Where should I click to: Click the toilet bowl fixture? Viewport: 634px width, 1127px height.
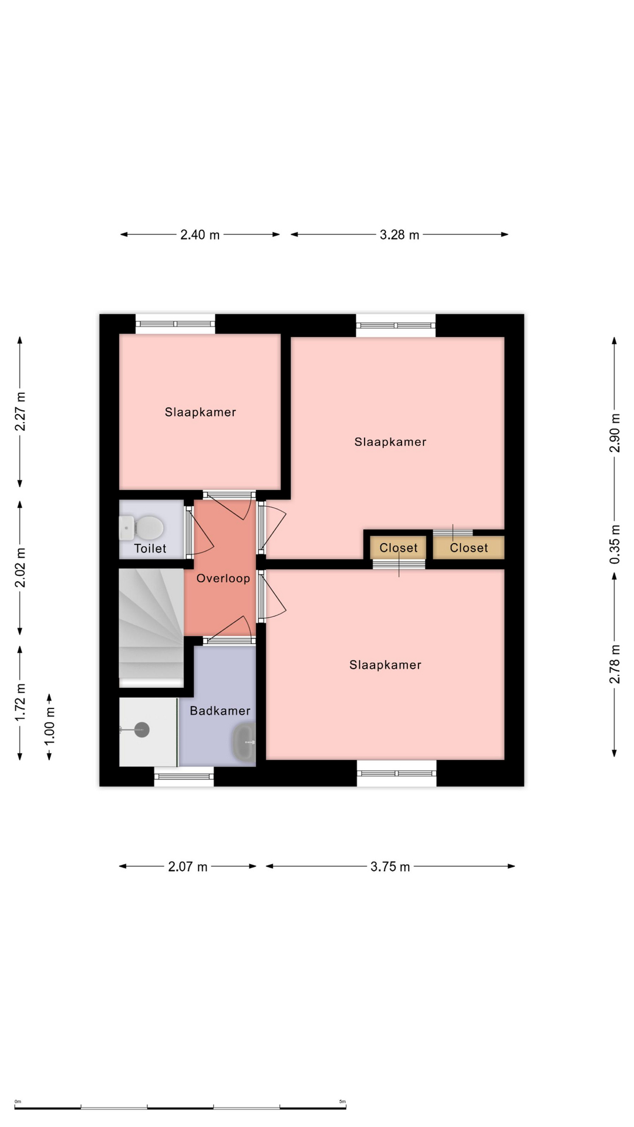[x=141, y=528]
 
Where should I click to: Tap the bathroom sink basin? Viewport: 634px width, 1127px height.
[x=244, y=742]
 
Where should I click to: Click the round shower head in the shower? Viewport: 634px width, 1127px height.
[x=141, y=730]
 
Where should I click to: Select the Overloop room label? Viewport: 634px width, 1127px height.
[x=223, y=578]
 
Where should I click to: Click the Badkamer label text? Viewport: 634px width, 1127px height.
[x=220, y=711]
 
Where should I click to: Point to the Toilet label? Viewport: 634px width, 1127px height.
[x=150, y=548]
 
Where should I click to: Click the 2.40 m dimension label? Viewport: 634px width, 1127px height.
[x=200, y=235]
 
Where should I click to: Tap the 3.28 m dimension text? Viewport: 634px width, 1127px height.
[x=399, y=235]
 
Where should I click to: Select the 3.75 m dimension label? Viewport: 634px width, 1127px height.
[x=390, y=866]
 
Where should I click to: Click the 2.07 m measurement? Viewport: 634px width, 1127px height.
[x=188, y=866]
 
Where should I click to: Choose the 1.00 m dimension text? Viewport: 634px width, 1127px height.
[x=49, y=726]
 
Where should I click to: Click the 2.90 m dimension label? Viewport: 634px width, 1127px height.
[x=615, y=433]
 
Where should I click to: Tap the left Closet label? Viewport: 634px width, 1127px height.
[x=399, y=548]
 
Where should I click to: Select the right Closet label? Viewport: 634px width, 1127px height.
[x=469, y=548]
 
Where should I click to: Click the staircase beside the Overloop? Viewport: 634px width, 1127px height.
[x=151, y=627]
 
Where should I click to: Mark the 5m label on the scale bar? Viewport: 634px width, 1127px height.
[x=342, y=1102]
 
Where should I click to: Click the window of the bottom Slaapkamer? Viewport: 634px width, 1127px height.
[x=397, y=773]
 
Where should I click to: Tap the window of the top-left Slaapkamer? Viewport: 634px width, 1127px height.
[x=176, y=324]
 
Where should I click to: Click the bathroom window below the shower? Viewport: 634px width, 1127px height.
[x=184, y=777]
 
